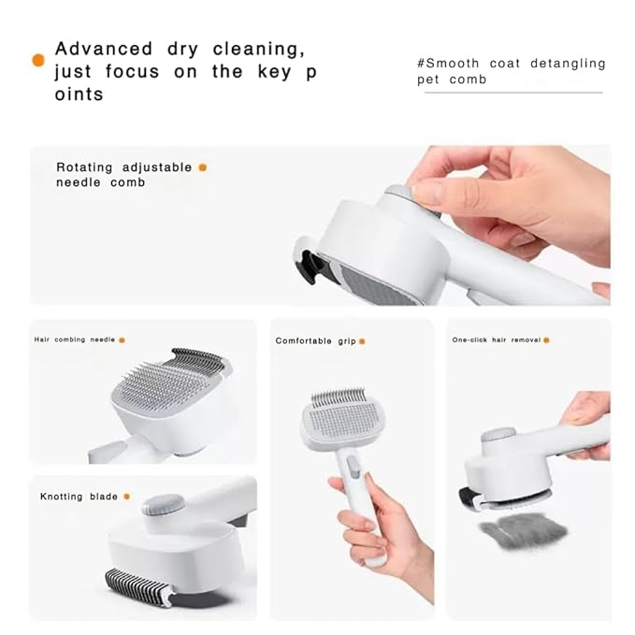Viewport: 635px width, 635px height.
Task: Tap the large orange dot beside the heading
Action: click(38, 60)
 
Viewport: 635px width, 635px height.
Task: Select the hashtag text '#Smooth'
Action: click(448, 64)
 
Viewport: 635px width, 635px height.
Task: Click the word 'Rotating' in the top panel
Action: click(84, 167)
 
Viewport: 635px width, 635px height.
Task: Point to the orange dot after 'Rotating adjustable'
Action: click(202, 167)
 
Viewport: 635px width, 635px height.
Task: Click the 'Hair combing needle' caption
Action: click(74, 339)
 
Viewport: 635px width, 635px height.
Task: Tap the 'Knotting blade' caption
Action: click(79, 497)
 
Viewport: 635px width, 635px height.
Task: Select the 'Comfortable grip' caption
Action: click(315, 341)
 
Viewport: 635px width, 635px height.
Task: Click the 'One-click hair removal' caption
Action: click(497, 339)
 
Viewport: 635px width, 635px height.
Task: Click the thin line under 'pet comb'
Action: click(513, 93)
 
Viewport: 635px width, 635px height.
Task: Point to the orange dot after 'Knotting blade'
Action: click(126, 497)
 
